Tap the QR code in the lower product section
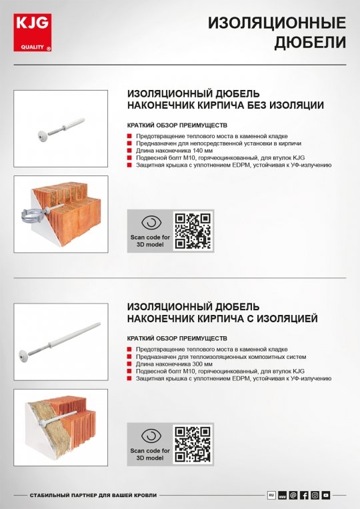tap(193, 444)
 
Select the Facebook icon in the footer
tap(304, 495)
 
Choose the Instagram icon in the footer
tap(315, 495)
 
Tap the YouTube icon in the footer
tap(325, 495)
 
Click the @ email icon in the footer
tap(293, 495)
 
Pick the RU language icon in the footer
tap(271, 495)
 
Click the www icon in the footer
tap(282, 495)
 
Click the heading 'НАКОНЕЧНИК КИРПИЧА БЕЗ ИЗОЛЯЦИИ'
tap(225, 105)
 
